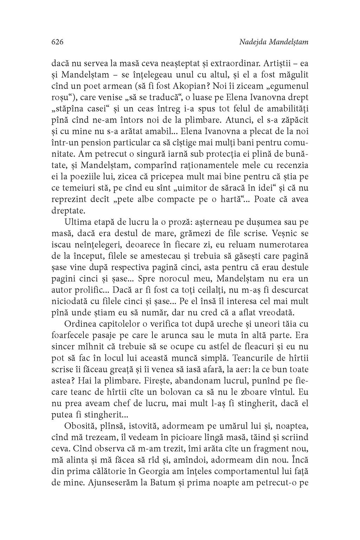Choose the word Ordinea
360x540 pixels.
pyautogui.click(x=81, y=324)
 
